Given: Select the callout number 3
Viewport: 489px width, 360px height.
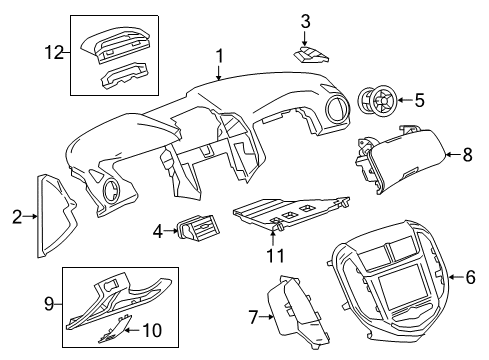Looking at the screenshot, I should tap(306, 19).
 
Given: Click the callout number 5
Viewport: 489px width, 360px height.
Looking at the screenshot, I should tap(419, 99).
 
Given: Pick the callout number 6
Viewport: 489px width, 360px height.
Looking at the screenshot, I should tap(471, 276).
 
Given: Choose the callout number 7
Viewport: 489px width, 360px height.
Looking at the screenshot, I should tap(252, 318).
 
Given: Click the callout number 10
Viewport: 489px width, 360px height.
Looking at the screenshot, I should tap(156, 331).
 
